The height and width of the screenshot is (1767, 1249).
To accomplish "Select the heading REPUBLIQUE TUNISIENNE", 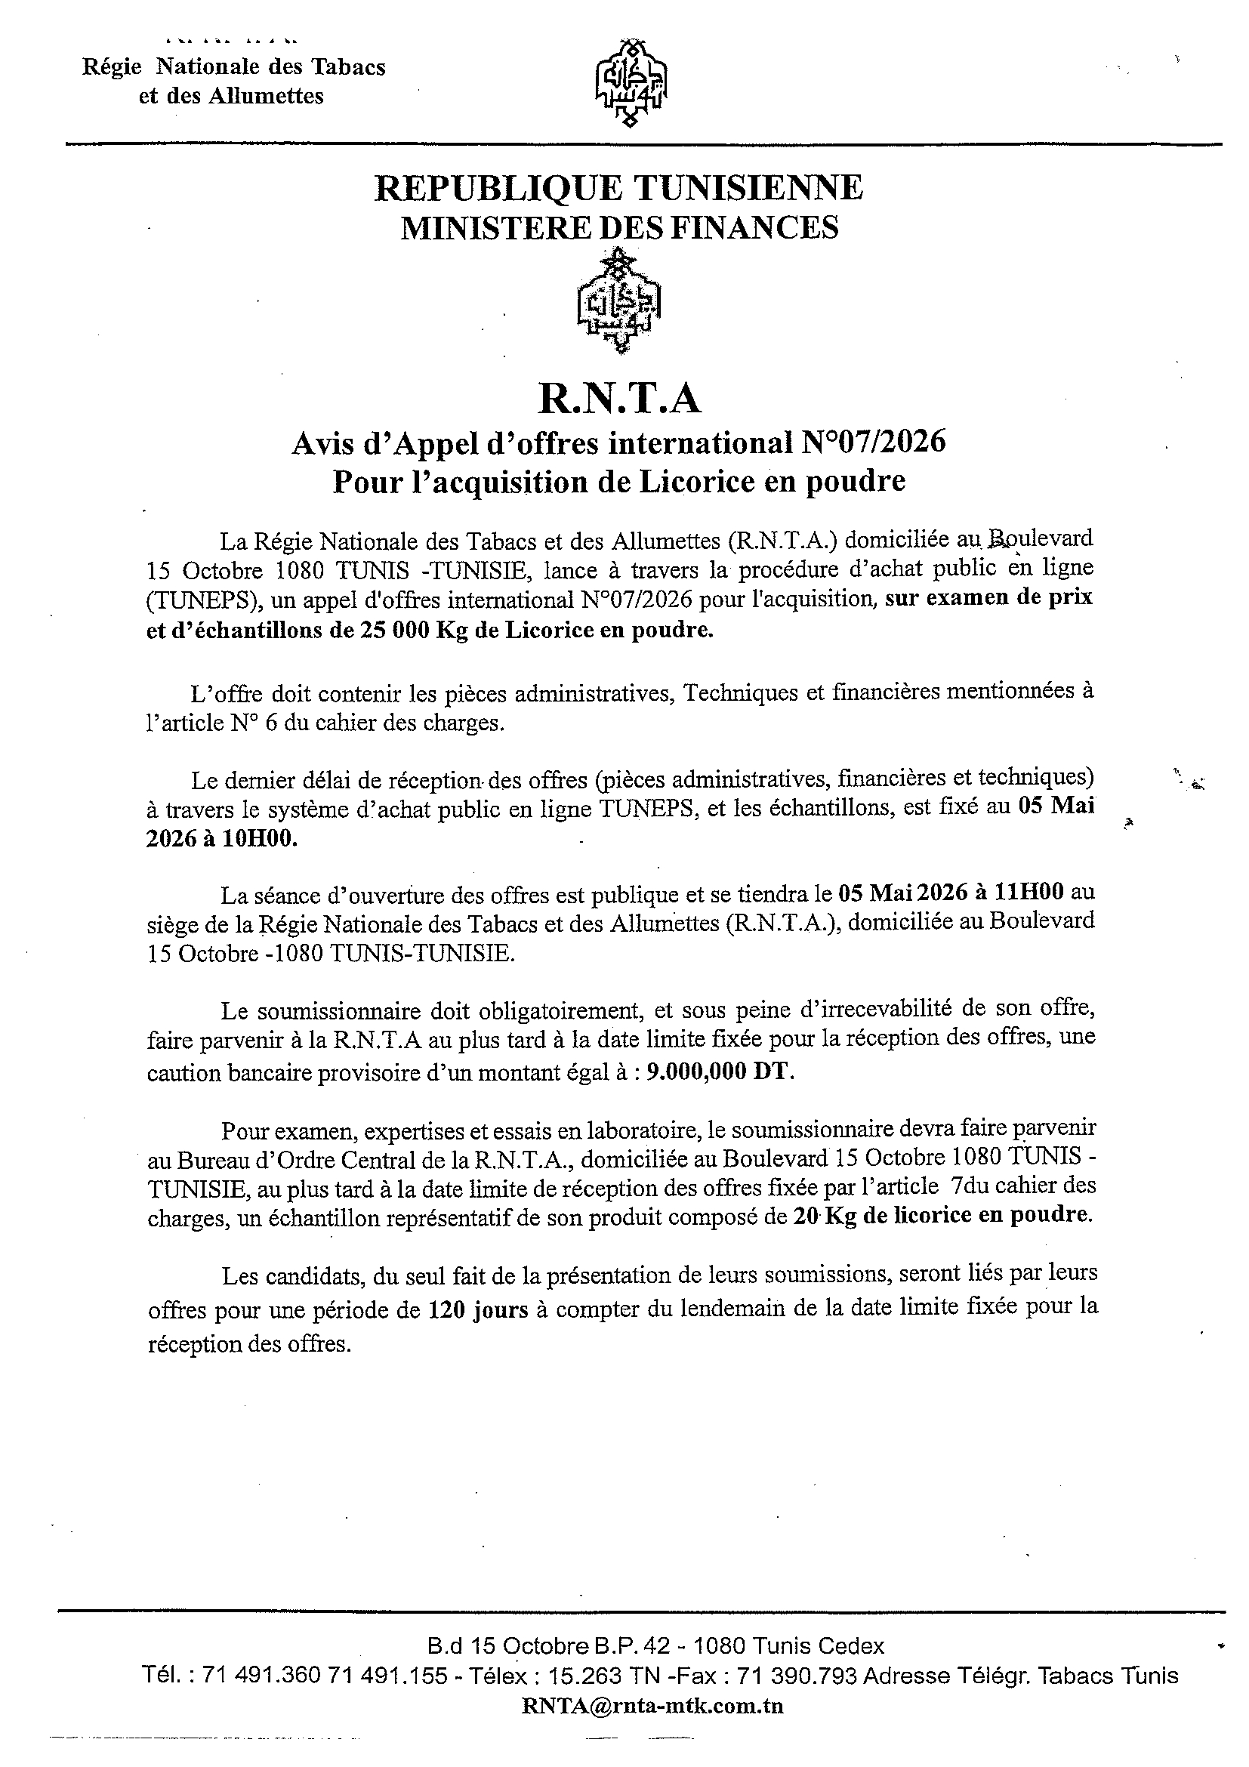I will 618,188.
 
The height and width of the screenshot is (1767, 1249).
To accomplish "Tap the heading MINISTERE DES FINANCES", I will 619,228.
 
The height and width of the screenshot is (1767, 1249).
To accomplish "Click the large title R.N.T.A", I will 619,399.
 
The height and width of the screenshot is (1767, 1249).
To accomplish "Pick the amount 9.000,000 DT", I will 720,1073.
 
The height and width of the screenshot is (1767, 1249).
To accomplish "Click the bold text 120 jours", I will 478,1309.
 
